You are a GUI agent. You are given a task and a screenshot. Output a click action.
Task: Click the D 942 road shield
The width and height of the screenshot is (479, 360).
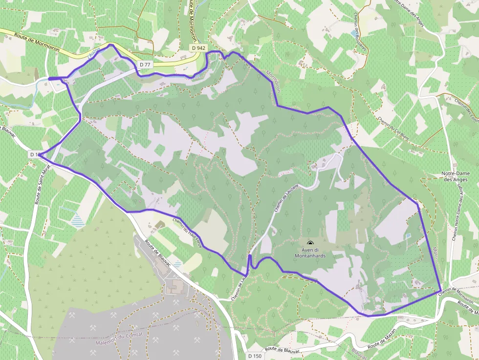click(198, 48)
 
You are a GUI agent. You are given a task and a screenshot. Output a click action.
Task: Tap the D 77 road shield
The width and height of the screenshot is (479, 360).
click(145, 64)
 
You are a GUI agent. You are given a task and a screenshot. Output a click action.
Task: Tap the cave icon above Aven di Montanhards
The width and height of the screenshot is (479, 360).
click(310, 243)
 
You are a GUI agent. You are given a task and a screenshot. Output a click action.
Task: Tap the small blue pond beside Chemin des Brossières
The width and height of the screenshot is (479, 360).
click(353, 33)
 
